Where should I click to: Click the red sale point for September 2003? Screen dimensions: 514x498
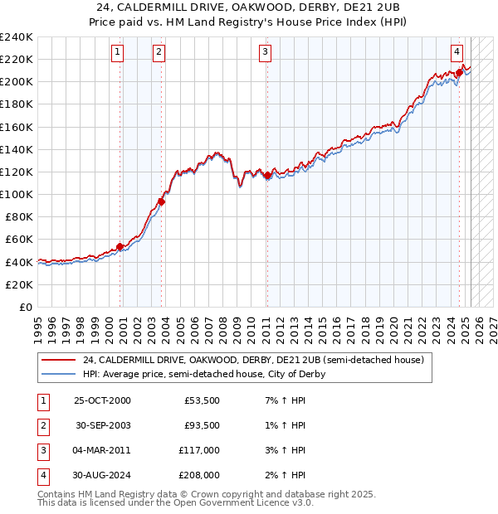point(162,201)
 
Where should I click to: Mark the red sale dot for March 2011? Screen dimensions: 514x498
point(267,175)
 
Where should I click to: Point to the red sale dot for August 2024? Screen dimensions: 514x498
point(459,73)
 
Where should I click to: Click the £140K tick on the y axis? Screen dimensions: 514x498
point(17,149)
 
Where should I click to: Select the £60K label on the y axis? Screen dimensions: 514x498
point(19,239)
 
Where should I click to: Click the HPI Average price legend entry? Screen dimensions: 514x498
point(203,374)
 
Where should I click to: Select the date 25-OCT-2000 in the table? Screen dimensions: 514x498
point(102,400)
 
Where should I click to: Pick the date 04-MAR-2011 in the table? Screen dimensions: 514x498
point(102,451)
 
